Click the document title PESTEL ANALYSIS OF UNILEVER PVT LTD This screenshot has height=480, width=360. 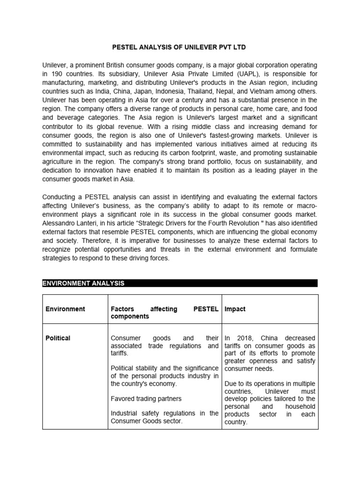[x=180, y=47]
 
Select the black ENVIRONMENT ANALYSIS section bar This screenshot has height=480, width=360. [x=180, y=283]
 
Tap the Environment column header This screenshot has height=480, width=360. [x=65, y=309]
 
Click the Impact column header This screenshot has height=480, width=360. [x=235, y=309]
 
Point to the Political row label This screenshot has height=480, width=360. [x=58, y=338]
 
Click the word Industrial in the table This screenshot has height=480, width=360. [x=125, y=413]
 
